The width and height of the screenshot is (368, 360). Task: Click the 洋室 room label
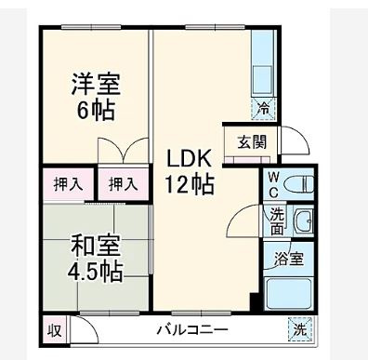96,82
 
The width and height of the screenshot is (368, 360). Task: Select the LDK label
190,158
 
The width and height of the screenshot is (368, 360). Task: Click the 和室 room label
96,247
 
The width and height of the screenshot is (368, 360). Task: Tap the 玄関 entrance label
251,142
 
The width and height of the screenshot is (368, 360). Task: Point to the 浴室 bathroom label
290,260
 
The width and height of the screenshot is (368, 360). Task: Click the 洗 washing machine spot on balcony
300,329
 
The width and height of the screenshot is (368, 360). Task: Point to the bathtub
290,293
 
